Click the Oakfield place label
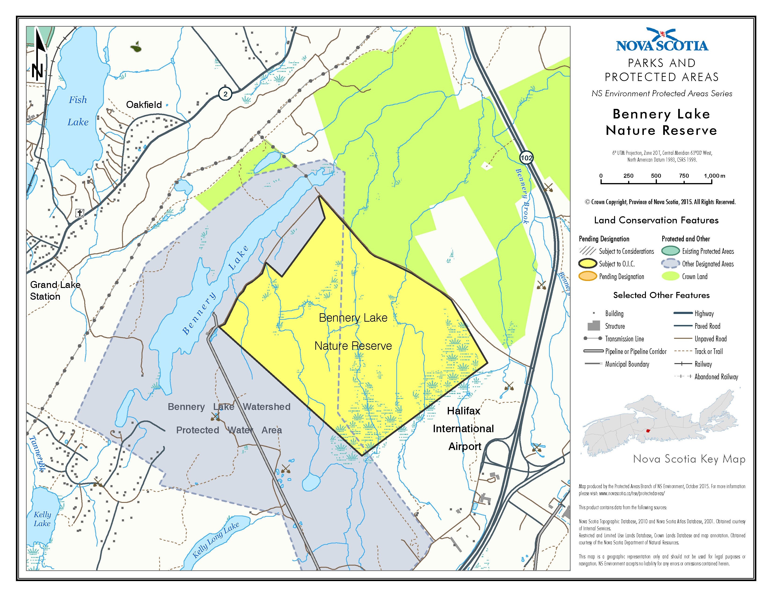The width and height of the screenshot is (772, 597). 144,105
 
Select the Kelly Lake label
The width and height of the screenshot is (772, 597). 42,519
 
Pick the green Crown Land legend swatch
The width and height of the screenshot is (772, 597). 670,276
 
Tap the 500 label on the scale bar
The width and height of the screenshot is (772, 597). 656,176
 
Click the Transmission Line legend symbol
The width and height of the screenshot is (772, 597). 593,339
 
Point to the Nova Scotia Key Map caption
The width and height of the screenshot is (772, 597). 689,459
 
